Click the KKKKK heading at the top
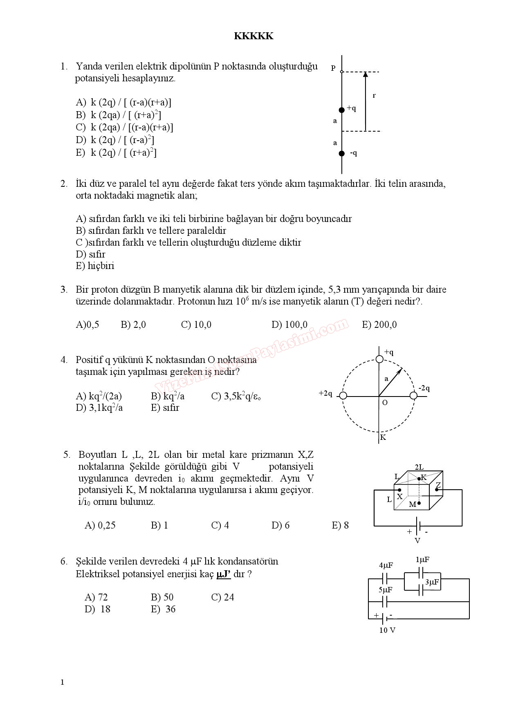coord(253,36)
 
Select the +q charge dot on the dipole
coord(342,110)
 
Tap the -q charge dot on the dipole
coord(342,154)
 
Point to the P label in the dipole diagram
coord(333,68)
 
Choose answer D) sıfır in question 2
coord(90,254)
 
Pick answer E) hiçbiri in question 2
coord(95,266)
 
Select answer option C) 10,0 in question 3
coord(196,325)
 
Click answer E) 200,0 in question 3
coord(379,325)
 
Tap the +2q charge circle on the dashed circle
coord(343,395)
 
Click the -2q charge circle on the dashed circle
coord(413,395)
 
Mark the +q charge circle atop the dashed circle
coord(379,359)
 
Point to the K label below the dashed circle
coord(383,437)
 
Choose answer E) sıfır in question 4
coord(165,408)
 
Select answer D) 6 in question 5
coord(280,525)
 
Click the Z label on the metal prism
coord(438,485)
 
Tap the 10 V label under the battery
coord(387,630)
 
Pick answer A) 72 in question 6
coord(96,597)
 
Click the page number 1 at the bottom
coord(62,682)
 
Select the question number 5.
coord(67,455)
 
